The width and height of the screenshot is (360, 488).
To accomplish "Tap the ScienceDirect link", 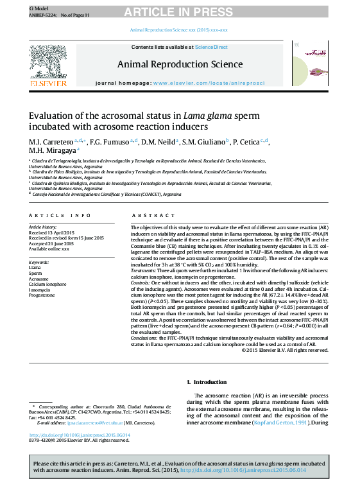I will point(211,47).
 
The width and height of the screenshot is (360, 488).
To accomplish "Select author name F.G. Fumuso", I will point(112,141).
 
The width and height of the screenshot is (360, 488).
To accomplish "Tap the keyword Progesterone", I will point(42,295).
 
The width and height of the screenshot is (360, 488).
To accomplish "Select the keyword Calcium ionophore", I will point(47,283).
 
